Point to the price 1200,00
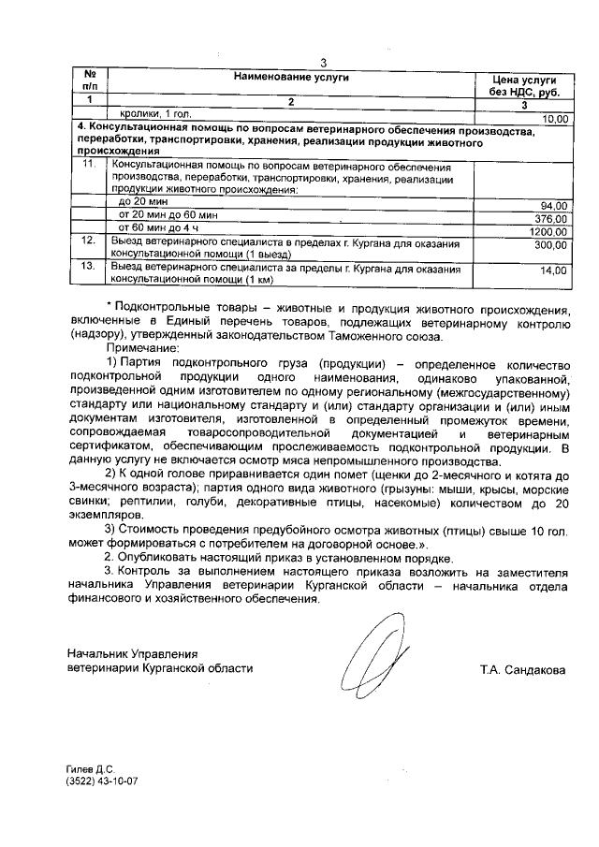coord(548,231)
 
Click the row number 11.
coord(89,165)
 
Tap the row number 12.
coord(89,241)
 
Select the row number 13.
coord(89,268)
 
